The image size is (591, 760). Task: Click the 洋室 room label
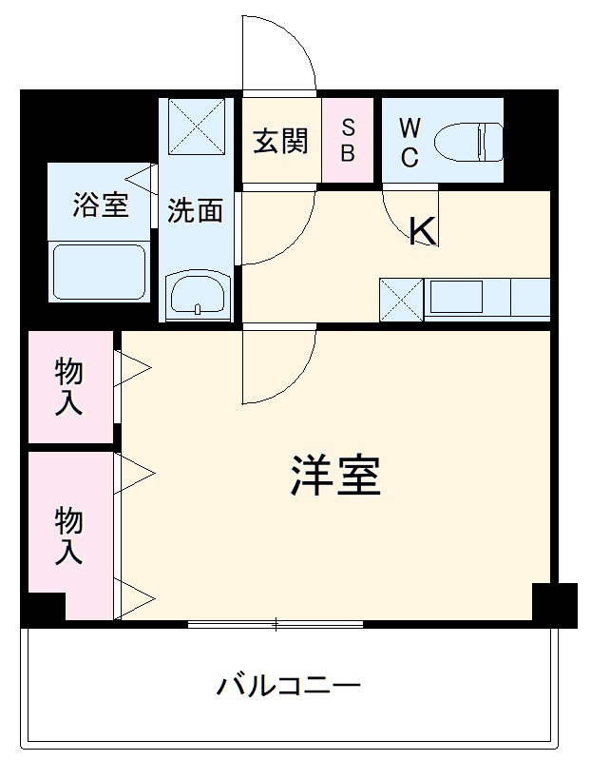point(335,476)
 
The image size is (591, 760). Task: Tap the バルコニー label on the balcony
point(289,685)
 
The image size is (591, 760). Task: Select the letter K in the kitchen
point(422,231)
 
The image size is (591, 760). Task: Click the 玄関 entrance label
point(280,141)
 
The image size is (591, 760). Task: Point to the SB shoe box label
point(348,140)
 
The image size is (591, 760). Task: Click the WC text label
point(409,142)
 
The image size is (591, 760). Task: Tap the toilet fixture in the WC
point(467,142)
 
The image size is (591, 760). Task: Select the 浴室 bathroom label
point(101,205)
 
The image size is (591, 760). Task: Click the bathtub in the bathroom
point(99,272)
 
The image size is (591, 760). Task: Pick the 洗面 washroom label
point(196,210)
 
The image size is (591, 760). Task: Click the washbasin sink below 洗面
point(198,294)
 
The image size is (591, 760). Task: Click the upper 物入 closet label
point(68,385)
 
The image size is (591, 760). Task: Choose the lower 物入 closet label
point(68,536)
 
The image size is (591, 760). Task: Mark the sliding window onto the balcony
point(276,625)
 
